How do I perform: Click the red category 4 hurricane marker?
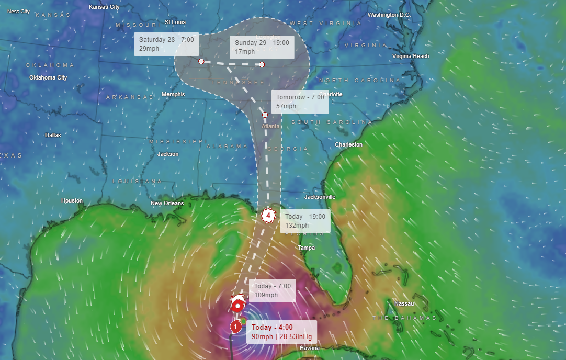point(268,215)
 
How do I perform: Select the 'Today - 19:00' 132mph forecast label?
point(304,221)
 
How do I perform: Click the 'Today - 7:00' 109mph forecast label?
point(273,290)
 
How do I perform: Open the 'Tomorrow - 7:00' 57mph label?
point(300,102)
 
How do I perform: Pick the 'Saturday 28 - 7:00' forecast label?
point(166,44)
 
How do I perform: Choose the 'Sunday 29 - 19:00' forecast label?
point(262,47)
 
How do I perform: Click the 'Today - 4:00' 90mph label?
point(281,332)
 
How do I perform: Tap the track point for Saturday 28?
point(201,61)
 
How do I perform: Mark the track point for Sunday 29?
point(262,64)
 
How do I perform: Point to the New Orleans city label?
point(167,203)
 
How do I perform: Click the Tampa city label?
point(306,248)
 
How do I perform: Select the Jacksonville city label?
point(320,197)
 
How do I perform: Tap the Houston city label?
point(72,200)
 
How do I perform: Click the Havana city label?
point(309,348)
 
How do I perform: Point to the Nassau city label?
point(404,303)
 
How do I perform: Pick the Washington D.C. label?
point(389,15)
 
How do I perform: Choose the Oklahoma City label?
point(48,77)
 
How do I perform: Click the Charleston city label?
point(348,144)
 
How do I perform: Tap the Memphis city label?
point(173,94)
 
